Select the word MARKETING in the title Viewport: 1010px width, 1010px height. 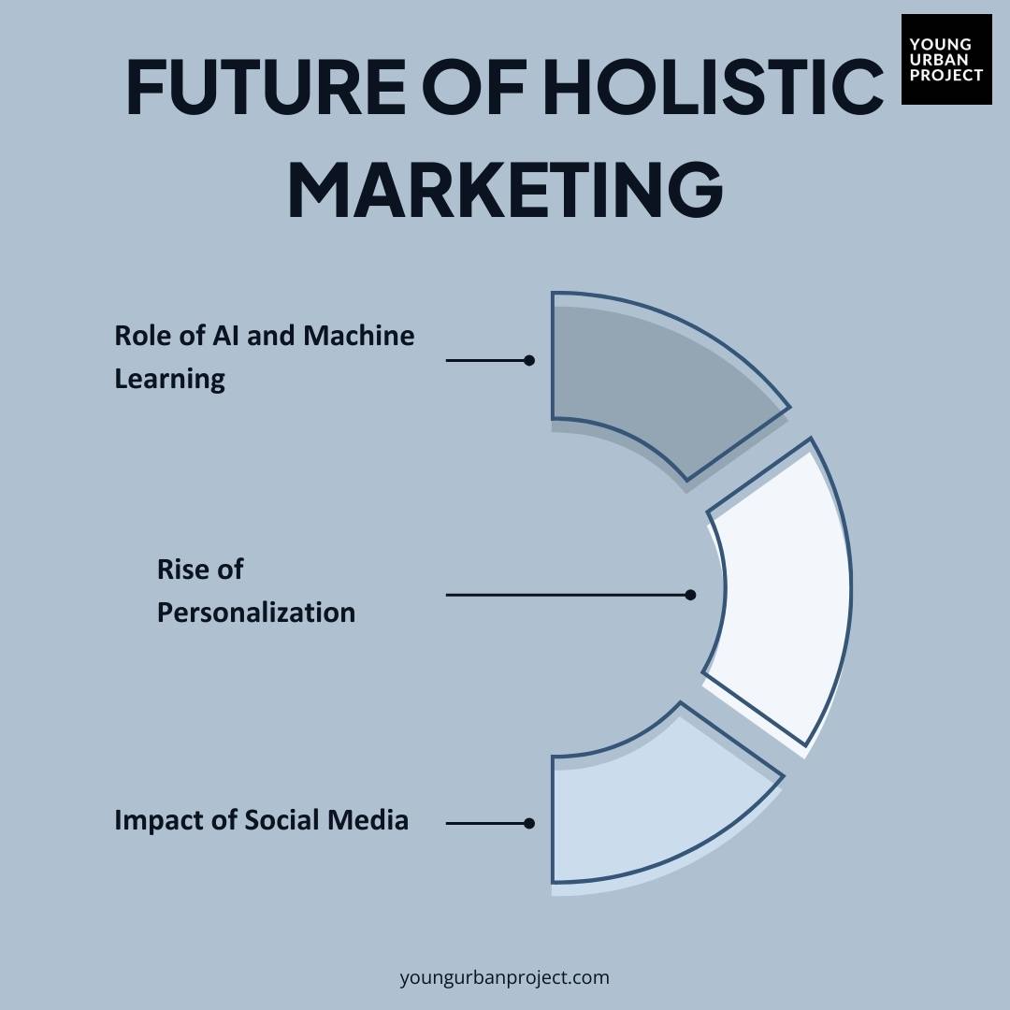coord(505,190)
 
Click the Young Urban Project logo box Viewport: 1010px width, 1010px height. coord(946,59)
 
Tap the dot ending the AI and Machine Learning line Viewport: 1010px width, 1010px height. coord(529,360)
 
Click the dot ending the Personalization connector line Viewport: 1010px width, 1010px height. coord(690,595)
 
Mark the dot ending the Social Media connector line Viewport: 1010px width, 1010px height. coord(529,824)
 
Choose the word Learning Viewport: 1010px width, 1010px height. coord(169,379)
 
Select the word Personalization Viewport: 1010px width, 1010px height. coord(255,613)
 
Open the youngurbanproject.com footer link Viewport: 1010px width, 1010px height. coord(504,977)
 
